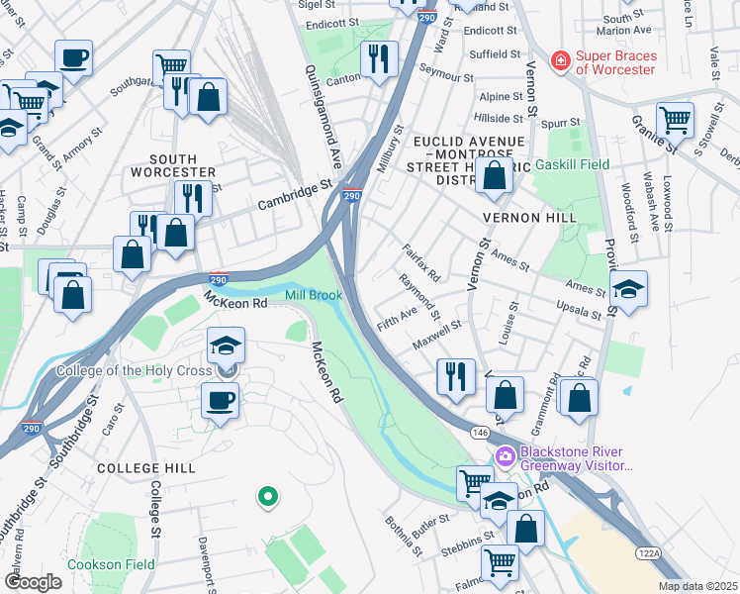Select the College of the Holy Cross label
pos(134,371)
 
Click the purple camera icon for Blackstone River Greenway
pos(506,456)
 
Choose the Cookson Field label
pos(110,564)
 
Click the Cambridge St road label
pos(295,194)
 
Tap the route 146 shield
pos(479,432)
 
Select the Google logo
pos(33,582)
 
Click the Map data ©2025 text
pos(698,586)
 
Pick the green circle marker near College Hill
pos(266,497)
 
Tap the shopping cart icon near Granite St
pos(674,120)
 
